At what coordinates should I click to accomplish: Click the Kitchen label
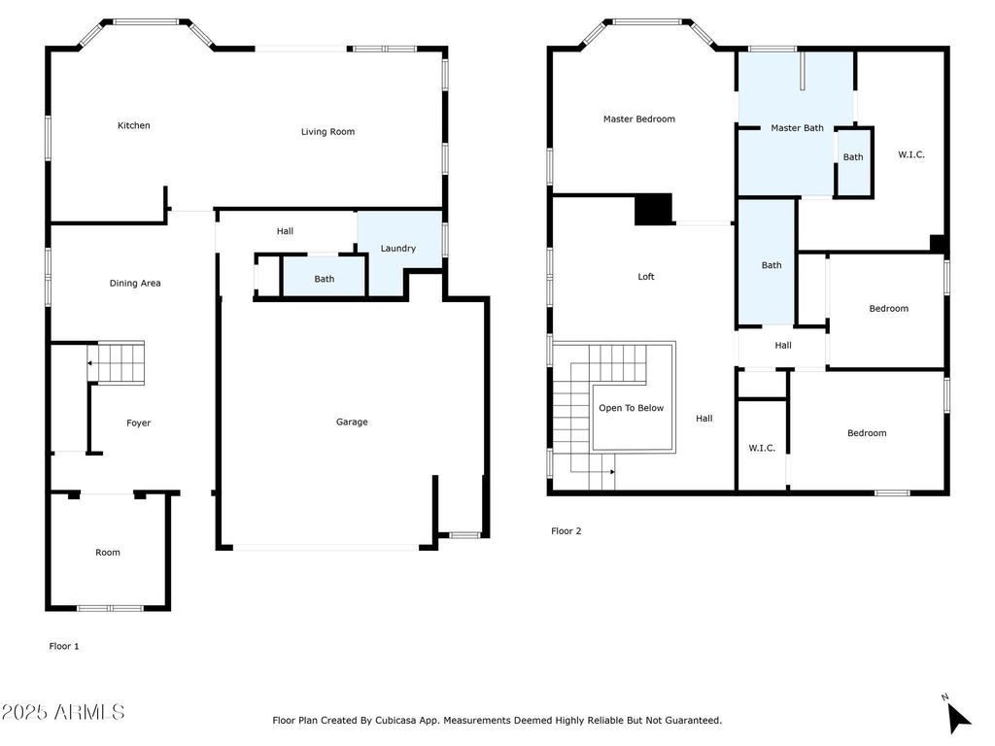(x=134, y=125)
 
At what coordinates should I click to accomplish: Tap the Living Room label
(x=327, y=132)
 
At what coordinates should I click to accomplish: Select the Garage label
(x=352, y=422)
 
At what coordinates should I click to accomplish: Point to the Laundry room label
(x=397, y=248)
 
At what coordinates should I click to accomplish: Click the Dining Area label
(x=135, y=283)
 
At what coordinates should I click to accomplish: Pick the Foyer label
(x=138, y=424)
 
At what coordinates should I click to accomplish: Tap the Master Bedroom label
(x=639, y=119)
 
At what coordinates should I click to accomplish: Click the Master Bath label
(x=797, y=127)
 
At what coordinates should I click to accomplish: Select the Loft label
(x=646, y=277)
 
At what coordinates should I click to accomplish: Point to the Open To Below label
(x=631, y=408)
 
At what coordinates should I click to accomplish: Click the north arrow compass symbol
(x=957, y=715)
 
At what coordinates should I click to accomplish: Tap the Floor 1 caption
(x=64, y=646)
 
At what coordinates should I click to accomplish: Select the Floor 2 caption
(x=566, y=531)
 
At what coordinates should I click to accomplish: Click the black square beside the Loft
(x=654, y=209)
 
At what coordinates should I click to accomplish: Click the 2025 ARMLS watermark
(x=63, y=712)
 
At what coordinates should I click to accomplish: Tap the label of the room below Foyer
(x=108, y=553)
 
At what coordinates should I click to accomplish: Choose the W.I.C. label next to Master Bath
(x=911, y=154)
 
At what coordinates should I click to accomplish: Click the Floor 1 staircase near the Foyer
(x=117, y=363)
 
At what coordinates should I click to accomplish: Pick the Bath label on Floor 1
(x=325, y=279)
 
